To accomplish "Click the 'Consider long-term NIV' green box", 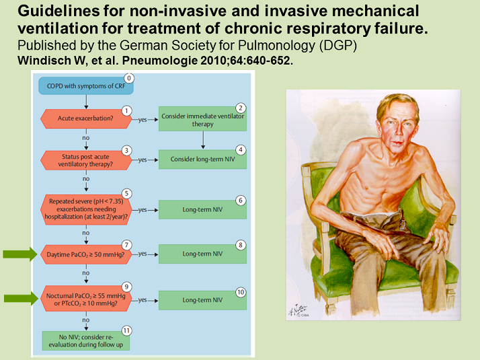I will click(x=202, y=160).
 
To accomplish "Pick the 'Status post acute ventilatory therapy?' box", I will click(x=85, y=160).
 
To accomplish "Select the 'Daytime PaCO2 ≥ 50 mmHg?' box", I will click(x=85, y=254).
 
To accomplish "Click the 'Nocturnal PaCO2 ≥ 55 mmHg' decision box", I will click(x=85, y=299).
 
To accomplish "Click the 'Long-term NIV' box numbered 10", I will click(x=202, y=299).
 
